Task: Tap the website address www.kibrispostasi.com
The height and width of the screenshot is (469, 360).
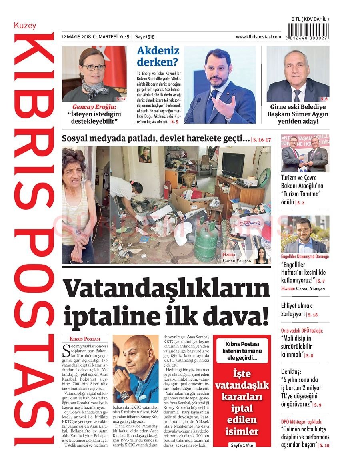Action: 258,37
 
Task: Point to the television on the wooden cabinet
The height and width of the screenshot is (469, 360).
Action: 232,164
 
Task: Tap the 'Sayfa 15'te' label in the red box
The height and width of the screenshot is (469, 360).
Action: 242,445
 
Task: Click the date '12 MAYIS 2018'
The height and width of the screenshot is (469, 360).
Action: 76,37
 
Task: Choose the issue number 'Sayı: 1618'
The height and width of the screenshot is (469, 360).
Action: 144,37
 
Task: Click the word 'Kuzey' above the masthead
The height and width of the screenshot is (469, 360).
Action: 25,26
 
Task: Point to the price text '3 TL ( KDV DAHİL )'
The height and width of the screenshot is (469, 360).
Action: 310,19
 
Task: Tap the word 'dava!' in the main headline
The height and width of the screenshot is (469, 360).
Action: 234,314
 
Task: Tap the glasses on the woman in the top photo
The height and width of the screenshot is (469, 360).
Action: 94,68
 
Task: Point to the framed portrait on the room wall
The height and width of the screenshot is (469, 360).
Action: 144,154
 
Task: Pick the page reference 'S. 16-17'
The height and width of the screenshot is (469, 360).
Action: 262,140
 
